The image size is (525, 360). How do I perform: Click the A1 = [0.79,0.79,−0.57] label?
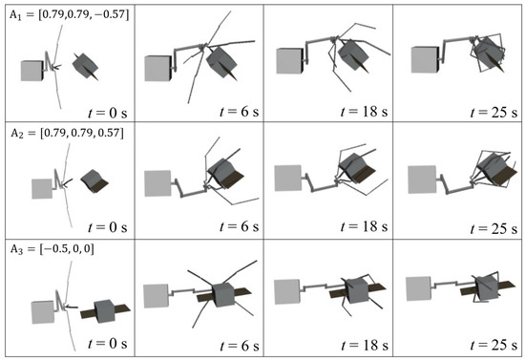(x=69, y=15)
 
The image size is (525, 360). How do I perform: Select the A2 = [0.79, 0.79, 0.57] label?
(x=67, y=134)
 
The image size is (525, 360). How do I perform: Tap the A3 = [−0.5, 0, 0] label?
(x=52, y=249)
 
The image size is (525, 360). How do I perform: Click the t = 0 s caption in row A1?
(x=108, y=113)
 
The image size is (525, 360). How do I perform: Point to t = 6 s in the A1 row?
(x=239, y=112)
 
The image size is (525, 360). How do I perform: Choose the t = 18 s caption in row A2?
(x=365, y=226)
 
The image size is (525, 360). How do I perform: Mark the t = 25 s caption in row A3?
(x=493, y=345)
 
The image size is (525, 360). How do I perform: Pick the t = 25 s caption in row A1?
(x=493, y=113)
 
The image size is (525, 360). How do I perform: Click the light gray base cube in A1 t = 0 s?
(x=32, y=71)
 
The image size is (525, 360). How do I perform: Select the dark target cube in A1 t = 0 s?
(x=85, y=66)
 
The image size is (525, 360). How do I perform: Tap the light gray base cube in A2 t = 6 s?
(x=158, y=183)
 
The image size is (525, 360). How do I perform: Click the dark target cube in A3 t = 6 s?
(x=223, y=295)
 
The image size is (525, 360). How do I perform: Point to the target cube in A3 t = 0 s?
(x=104, y=311)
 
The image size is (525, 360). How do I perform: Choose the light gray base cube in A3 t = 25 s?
(x=419, y=288)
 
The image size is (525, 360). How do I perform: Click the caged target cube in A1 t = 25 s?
(x=489, y=53)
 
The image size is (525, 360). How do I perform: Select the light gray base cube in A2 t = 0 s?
(x=42, y=189)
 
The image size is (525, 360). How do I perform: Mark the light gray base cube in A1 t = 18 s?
(x=290, y=60)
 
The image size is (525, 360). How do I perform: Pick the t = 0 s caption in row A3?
(x=108, y=344)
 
